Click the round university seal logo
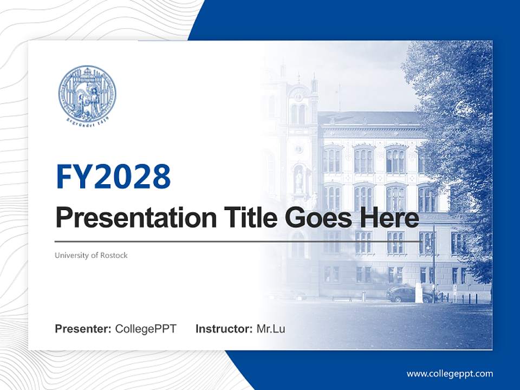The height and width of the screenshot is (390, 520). [x=87, y=94]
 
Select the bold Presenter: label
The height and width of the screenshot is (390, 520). [x=83, y=329]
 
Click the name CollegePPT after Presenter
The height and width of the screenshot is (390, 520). [x=146, y=329]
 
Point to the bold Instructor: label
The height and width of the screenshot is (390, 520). [x=224, y=329]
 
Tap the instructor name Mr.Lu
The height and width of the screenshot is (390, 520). [x=271, y=329]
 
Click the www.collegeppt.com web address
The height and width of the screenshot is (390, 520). [x=450, y=373]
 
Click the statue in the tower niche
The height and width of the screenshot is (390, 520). [x=298, y=179]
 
